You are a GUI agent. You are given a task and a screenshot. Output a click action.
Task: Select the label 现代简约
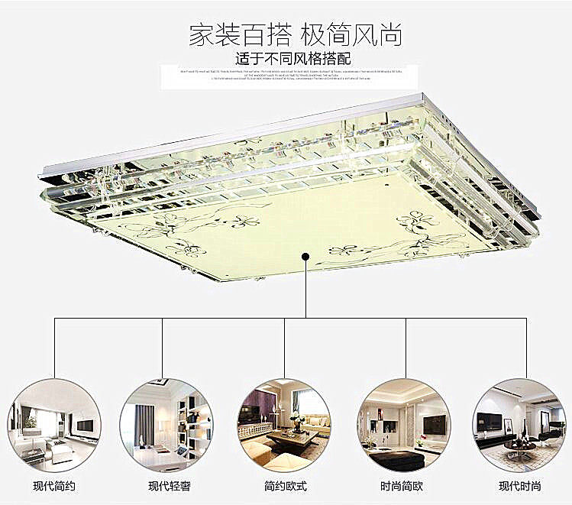click(x=53, y=485)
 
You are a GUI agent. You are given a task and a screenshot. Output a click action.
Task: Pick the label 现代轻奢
click(x=169, y=485)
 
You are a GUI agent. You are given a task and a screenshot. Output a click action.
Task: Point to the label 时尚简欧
click(x=402, y=485)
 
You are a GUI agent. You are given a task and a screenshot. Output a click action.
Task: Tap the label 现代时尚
click(x=519, y=485)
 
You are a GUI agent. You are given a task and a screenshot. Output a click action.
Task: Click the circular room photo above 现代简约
click(x=53, y=425)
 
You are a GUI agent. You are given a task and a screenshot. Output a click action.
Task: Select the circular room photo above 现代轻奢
click(x=166, y=425)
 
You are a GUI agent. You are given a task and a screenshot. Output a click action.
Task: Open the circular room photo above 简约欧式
click(x=285, y=425)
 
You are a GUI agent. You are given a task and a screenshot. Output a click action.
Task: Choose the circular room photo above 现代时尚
click(x=519, y=425)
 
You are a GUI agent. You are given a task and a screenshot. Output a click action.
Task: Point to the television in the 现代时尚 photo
click(x=489, y=421)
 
